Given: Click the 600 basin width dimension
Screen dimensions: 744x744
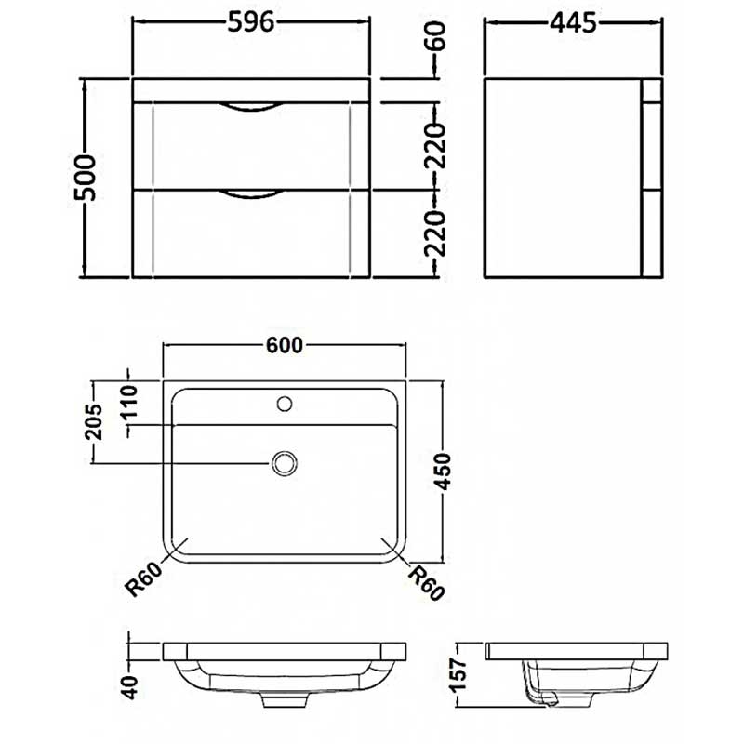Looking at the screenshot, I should click(x=285, y=344).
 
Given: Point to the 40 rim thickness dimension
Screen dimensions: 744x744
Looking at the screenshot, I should click(x=130, y=687).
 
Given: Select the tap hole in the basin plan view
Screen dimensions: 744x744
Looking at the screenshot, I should click(x=285, y=404).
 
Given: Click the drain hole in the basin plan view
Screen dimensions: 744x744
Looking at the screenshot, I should click(x=285, y=461).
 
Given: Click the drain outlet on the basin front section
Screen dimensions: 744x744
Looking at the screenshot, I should click(x=285, y=699).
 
